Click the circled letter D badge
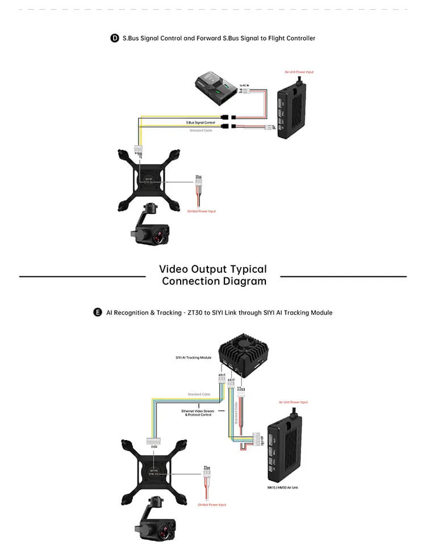click(114, 38)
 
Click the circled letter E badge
click(97, 313)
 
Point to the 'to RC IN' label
click(244, 85)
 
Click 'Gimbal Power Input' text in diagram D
click(201, 212)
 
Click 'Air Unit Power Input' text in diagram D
click(299, 72)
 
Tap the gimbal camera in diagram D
click(150, 227)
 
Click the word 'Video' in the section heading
click(176, 269)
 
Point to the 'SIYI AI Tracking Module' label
click(193, 358)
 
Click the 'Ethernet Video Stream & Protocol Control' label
click(198, 412)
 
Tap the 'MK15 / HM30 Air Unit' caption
click(283, 487)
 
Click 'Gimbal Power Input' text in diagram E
click(211, 505)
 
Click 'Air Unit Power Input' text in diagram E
click(293, 402)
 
